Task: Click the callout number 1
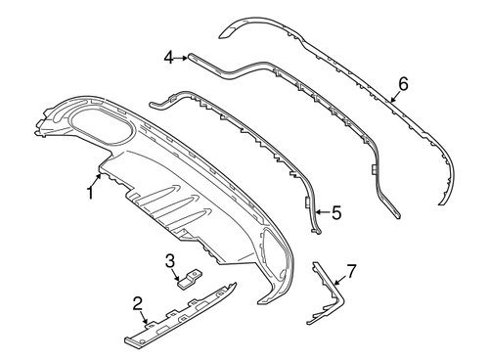pyautogui.click(x=90, y=193)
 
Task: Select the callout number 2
pyautogui.click(x=138, y=303)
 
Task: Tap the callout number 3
pyautogui.click(x=170, y=261)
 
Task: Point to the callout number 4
pyautogui.click(x=169, y=59)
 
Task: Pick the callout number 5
pyautogui.click(x=336, y=212)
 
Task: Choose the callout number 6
pyautogui.click(x=403, y=84)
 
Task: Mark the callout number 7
pyautogui.click(x=351, y=271)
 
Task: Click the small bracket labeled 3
pyautogui.click(x=189, y=279)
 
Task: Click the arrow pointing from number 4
pyautogui.click(x=181, y=59)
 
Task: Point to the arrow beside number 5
pyautogui.click(x=324, y=212)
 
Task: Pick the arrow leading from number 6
pyautogui.click(x=395, y=97)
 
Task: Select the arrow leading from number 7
pyautogui.click(x=340, y=280)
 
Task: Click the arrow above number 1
pyautogui.click(x=97, y=180)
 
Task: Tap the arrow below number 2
pyautogui.click(x=144, y=318)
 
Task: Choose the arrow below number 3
pyautogui.click(x=176, y=274)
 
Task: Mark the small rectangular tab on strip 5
pyautogui.click(x=307, y=202)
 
